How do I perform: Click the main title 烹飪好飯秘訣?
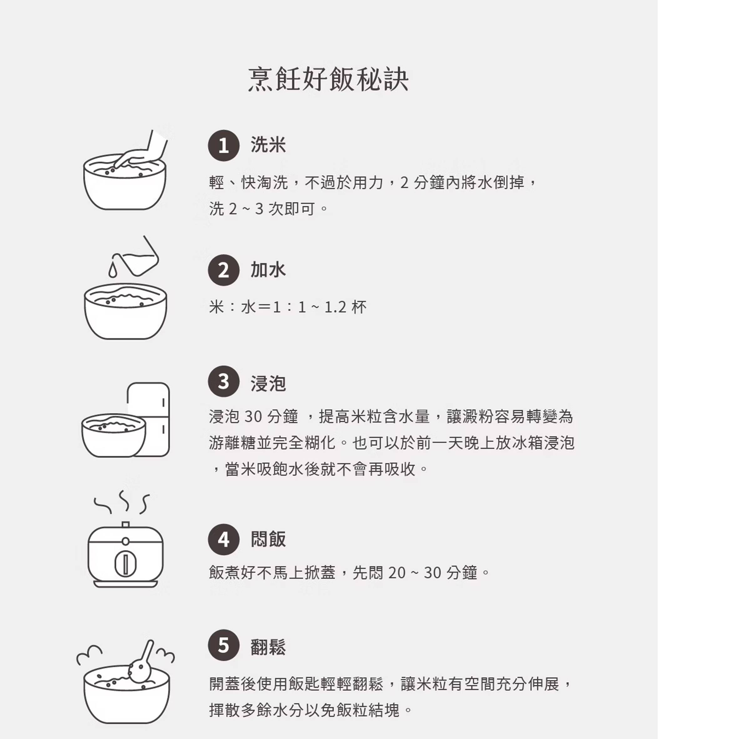tap(328, 79)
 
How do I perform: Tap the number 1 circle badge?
tap(224, 145)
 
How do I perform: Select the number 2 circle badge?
tap(224, 270)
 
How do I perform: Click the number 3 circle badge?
tap(224, 381)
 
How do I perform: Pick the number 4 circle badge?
tap(224, 539)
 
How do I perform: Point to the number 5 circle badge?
tap(224, 645)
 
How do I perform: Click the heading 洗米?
tap(268, 145)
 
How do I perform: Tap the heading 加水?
tap(268, 270)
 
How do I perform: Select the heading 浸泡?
tap(268, 383)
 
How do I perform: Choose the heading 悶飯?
tap(268, 539)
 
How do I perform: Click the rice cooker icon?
tap(125, 555)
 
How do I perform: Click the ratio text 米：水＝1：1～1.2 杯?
tap(288, 307)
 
